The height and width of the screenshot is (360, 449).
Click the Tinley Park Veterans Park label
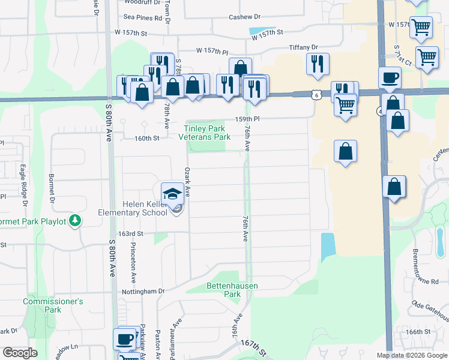(x=204, y=133)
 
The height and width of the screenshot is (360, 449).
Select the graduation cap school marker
(x=172, y=193)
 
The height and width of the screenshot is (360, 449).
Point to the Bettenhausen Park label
(x=232, y=290)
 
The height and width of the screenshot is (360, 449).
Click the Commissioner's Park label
(x=53, y=305)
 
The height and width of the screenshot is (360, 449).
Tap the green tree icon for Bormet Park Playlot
(x=74, y=221)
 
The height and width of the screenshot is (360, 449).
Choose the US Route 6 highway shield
(x=316, y=94)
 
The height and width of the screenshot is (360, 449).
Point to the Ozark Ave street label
(x=187, y=182)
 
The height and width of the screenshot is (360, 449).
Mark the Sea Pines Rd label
(x=143, y=18)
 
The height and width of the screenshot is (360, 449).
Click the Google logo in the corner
(x=20, y=353)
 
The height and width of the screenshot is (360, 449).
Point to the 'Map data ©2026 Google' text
(x=412, y=355)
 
